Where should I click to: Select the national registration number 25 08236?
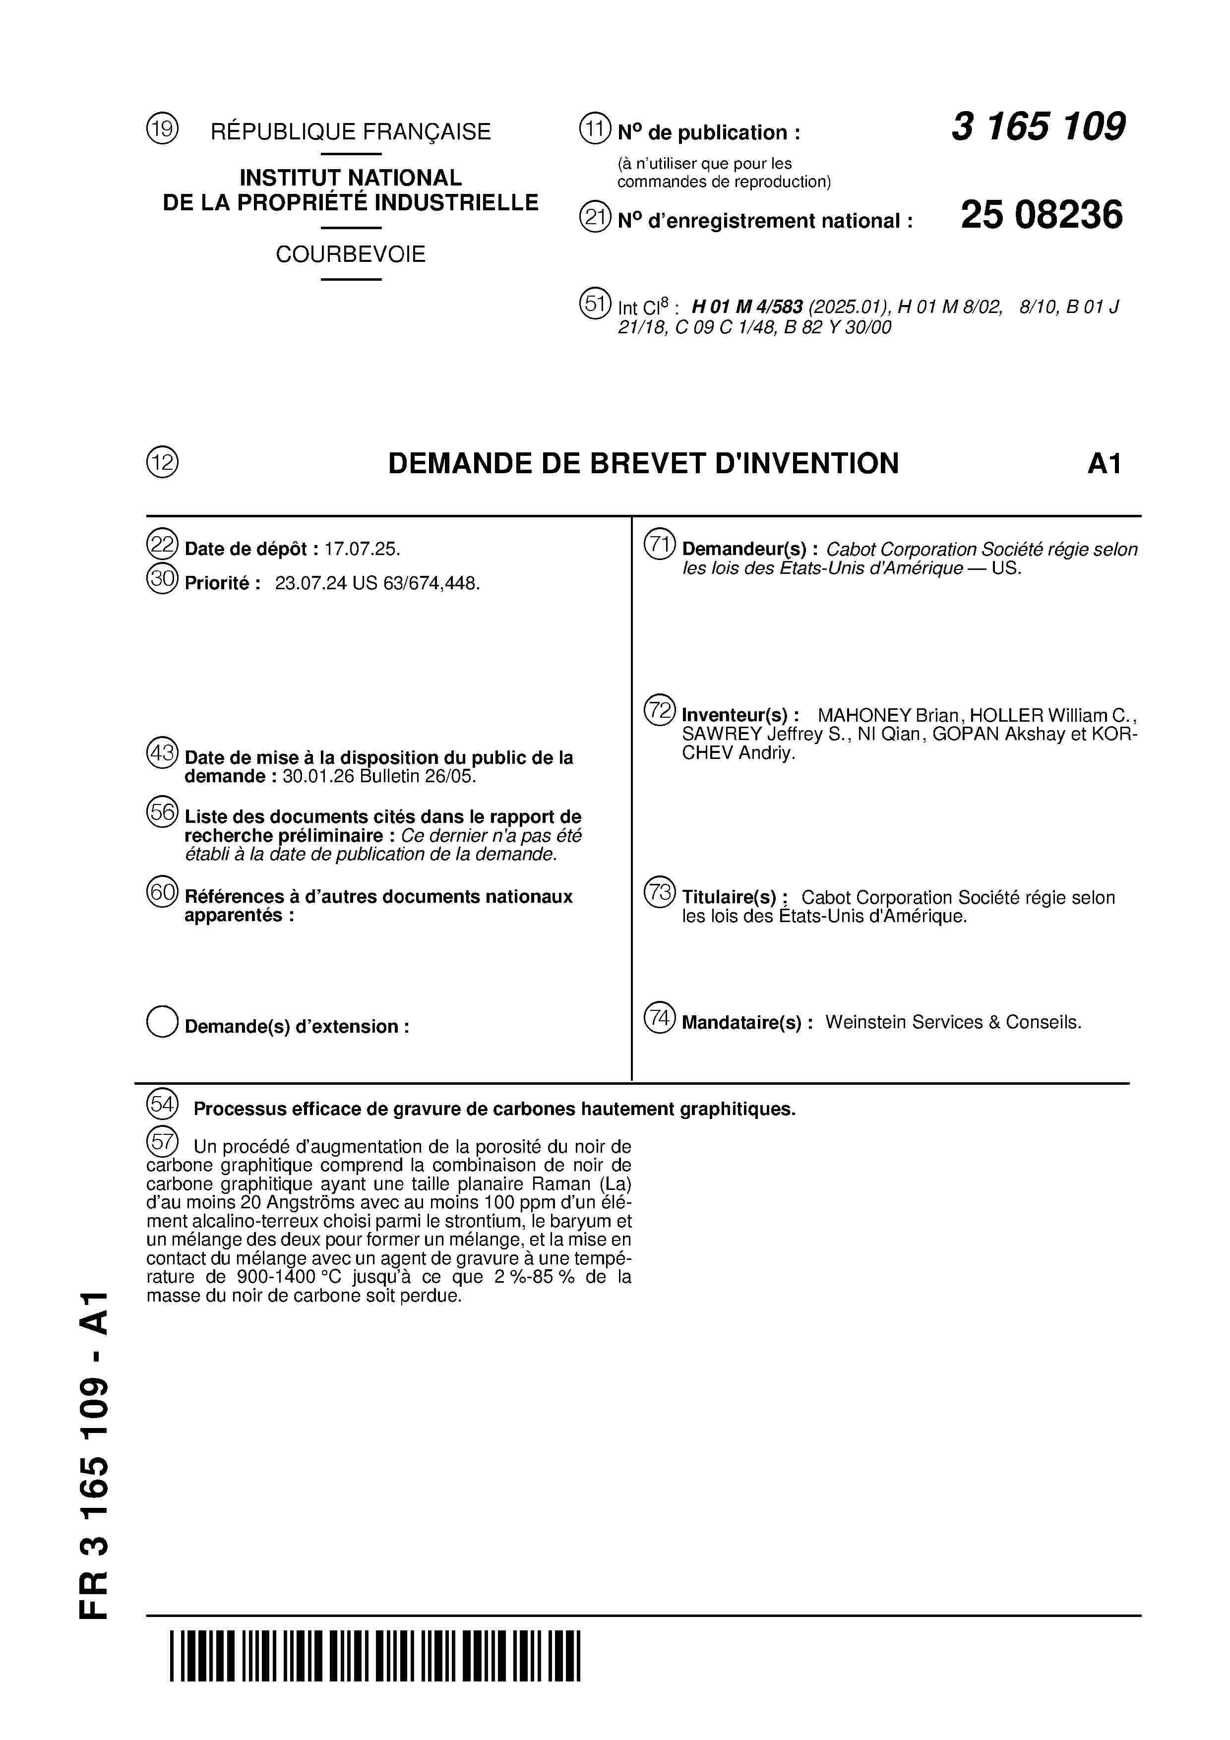1042,215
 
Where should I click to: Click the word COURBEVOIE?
350,254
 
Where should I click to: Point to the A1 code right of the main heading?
1104,464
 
